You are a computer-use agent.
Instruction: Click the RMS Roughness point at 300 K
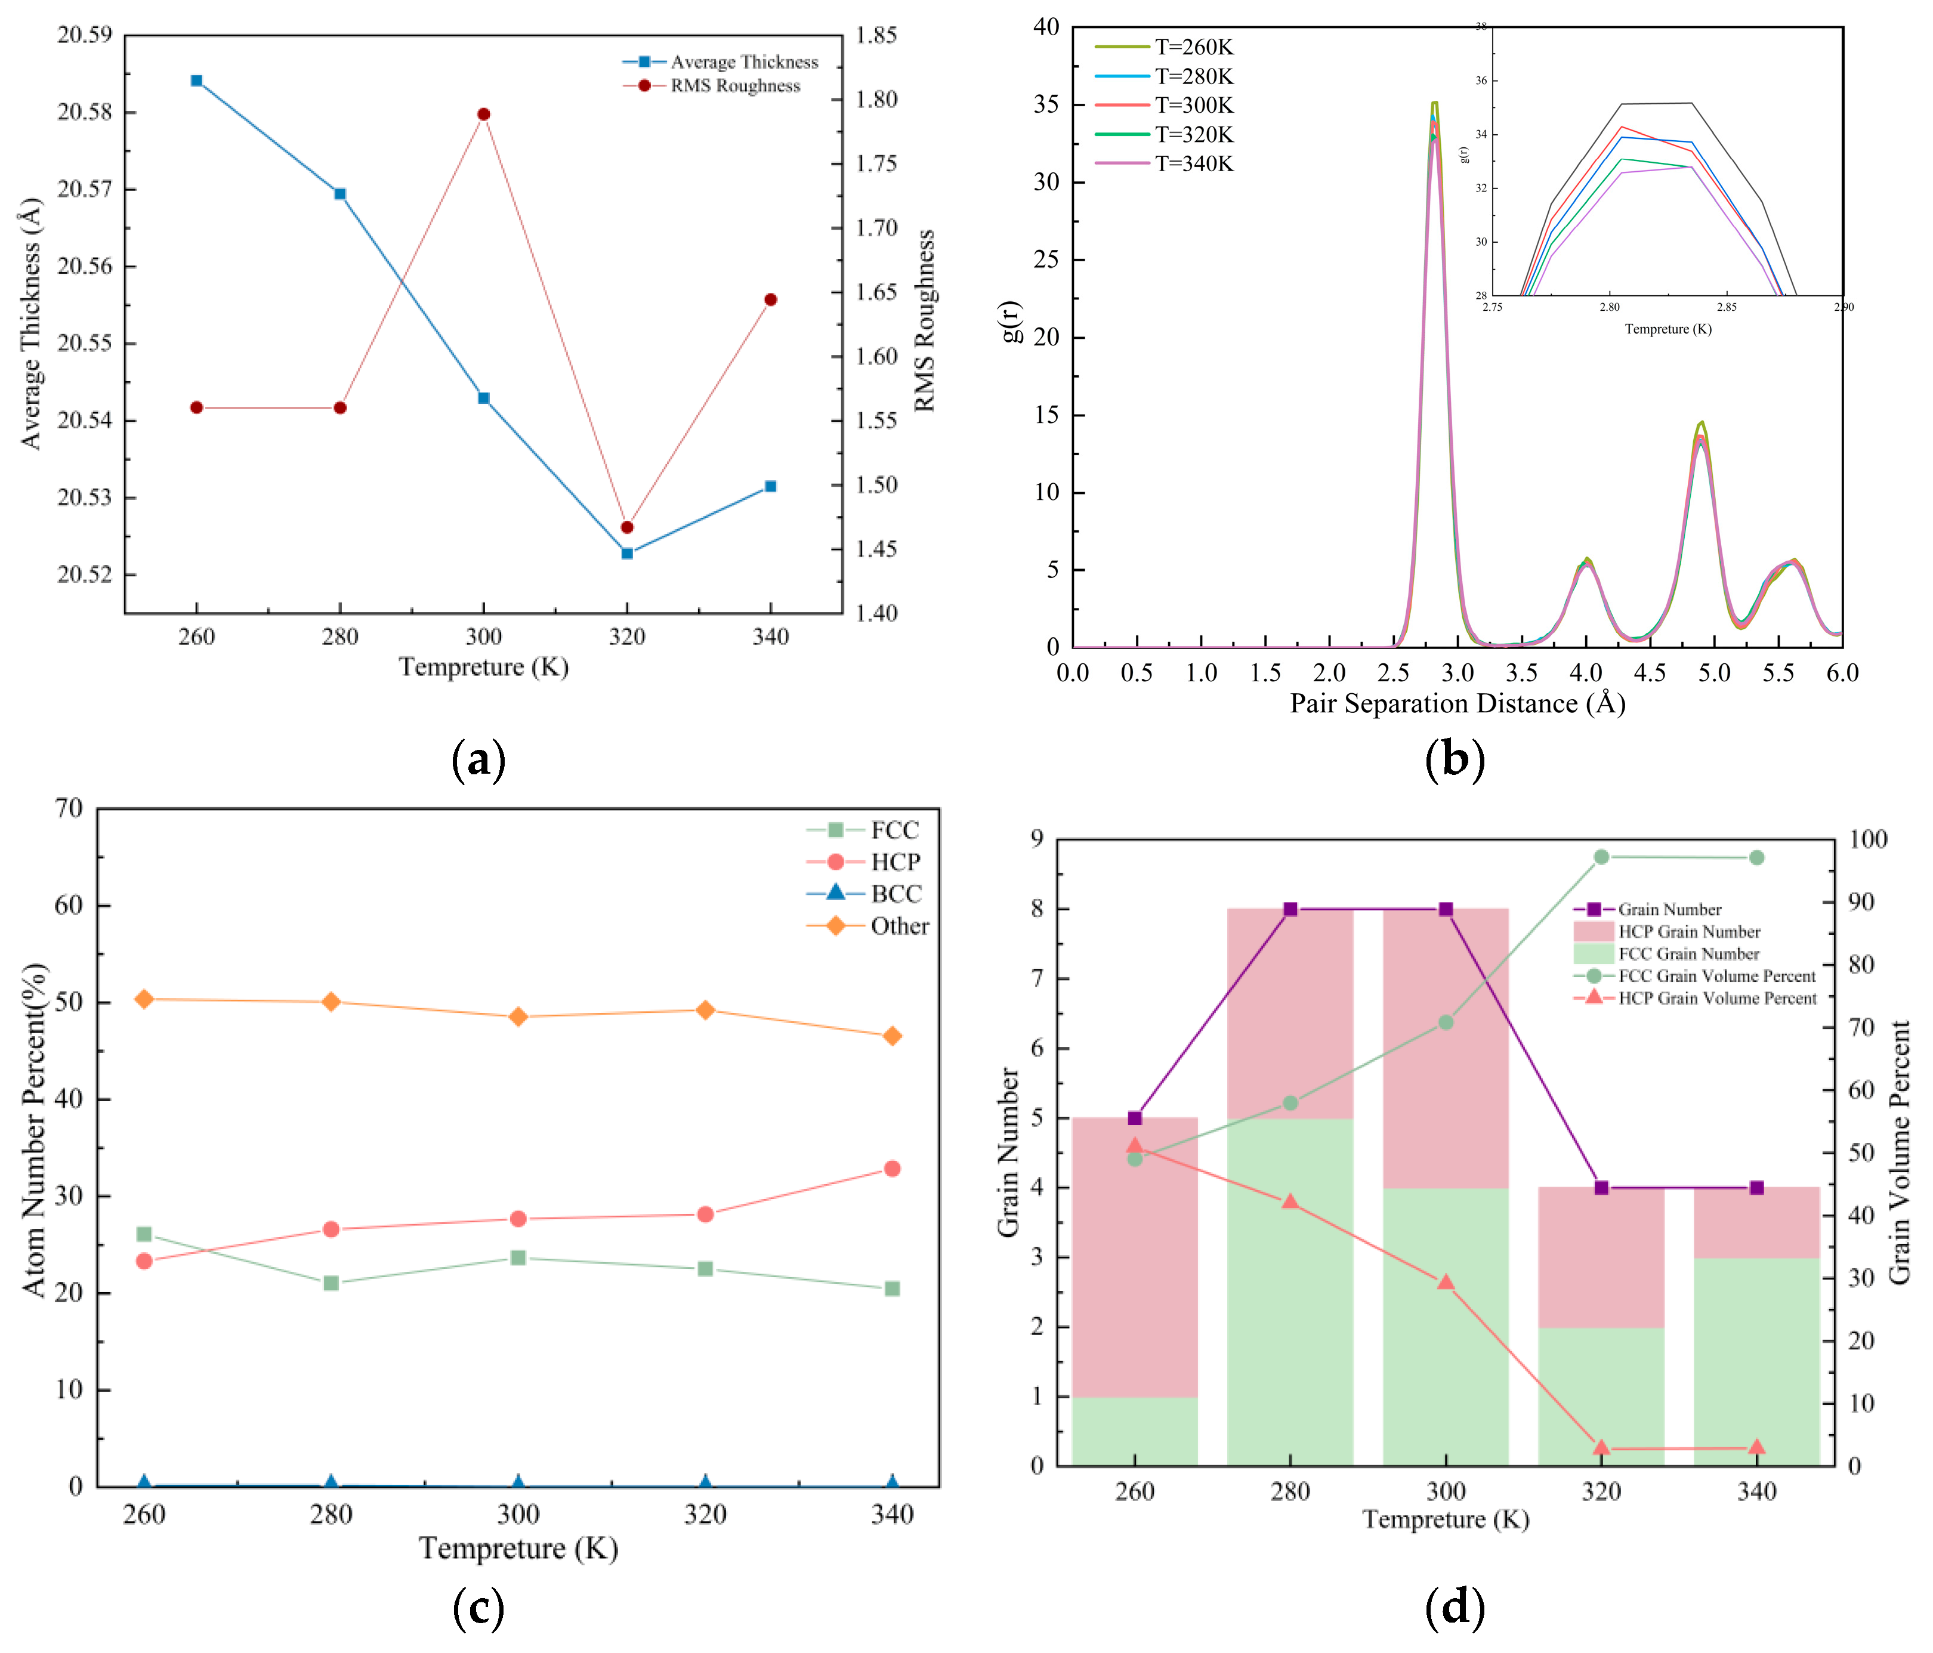click(483, 114)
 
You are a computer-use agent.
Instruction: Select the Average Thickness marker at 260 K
click(196, 80)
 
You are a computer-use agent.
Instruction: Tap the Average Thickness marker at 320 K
click(627, 553)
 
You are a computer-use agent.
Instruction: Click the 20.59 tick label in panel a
click(84, 35)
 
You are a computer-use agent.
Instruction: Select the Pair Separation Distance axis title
click(1458, 703)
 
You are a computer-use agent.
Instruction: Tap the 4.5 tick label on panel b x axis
click(1650, 672)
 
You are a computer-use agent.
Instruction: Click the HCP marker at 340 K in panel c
click(892, 1168)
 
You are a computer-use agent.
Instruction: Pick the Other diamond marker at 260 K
click(144, 999)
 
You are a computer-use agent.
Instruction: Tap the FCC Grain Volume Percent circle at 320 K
click(1601, 857)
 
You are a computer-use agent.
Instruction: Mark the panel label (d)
click(1455, 1607)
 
